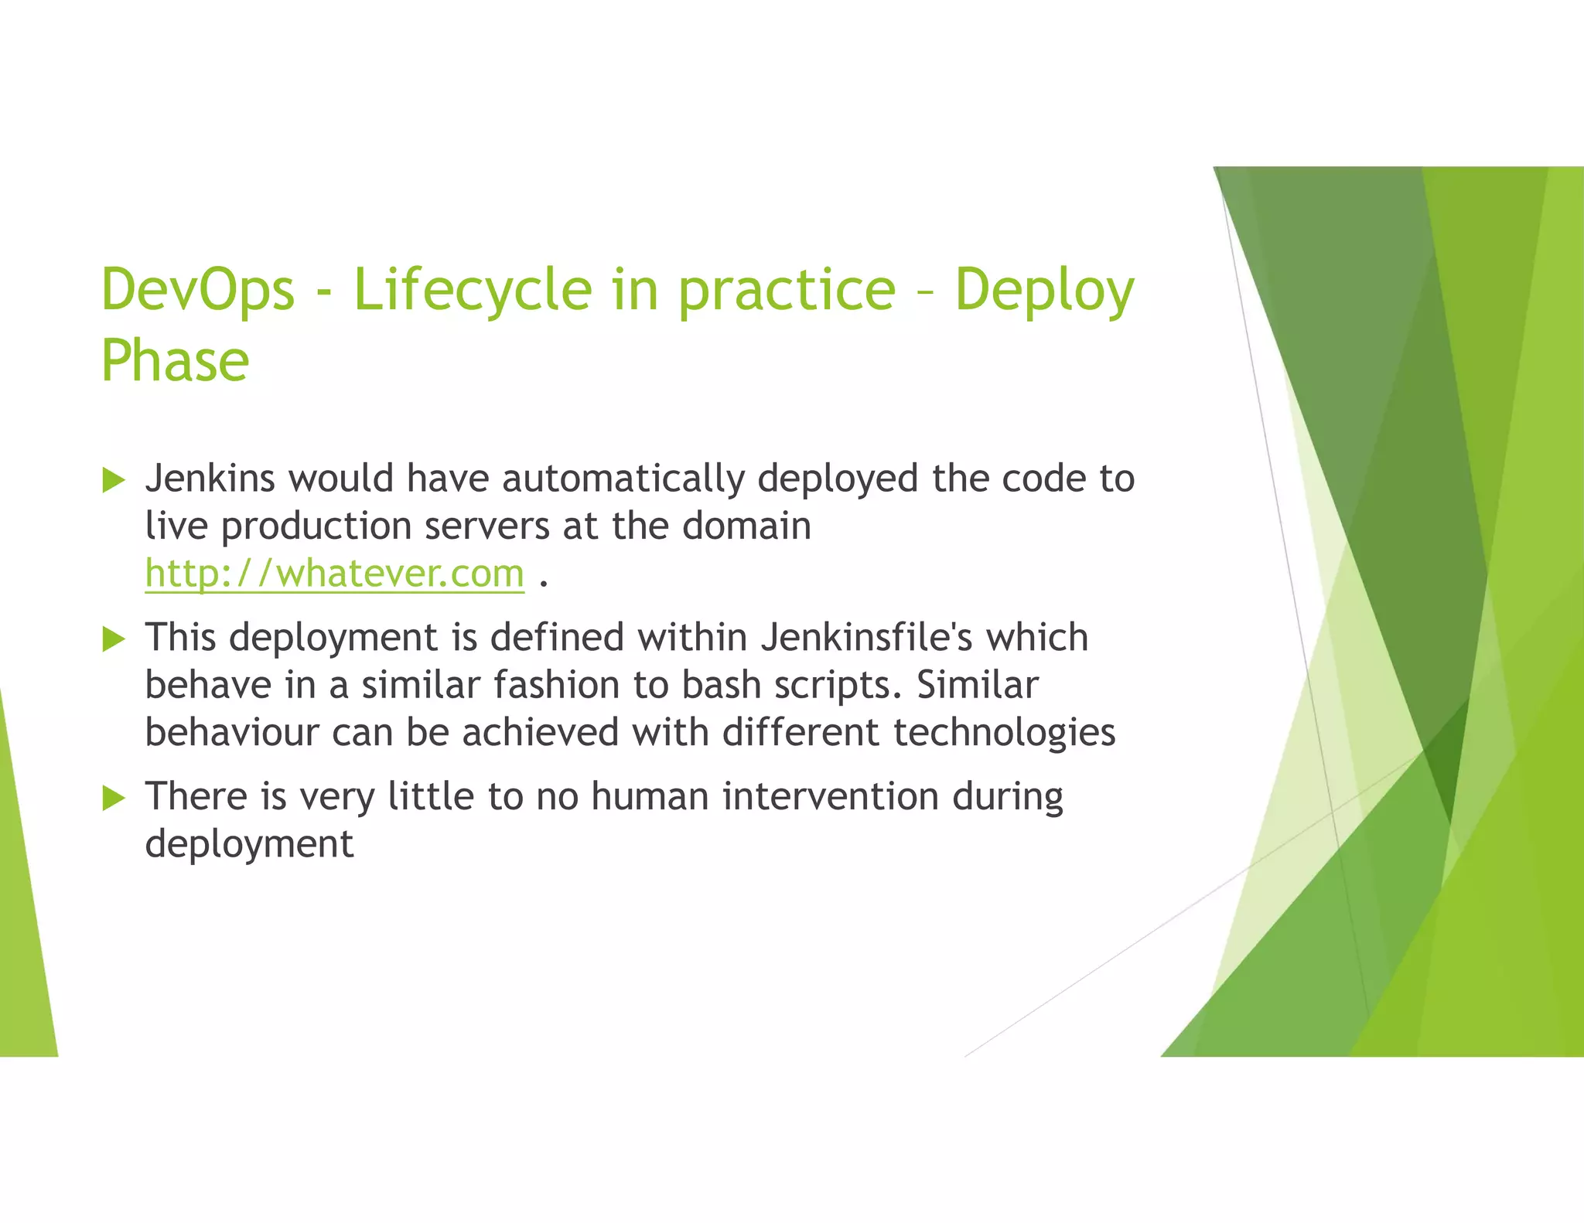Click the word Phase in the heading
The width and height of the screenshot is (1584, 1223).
click(x=175, y=361)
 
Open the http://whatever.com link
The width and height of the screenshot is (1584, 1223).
click(x=334, y=574)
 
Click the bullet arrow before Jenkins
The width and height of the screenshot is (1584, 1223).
click(x=114, y=480)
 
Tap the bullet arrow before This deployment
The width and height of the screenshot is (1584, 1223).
click(x=114, y=639)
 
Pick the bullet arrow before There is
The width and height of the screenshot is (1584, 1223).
click(x=114, y=798)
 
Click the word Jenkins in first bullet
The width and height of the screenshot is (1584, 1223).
click(x=210, y=479)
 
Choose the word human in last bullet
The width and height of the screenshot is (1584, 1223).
click(x=650, y=796)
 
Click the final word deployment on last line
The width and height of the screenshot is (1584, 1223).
click(x=249, y=844)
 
